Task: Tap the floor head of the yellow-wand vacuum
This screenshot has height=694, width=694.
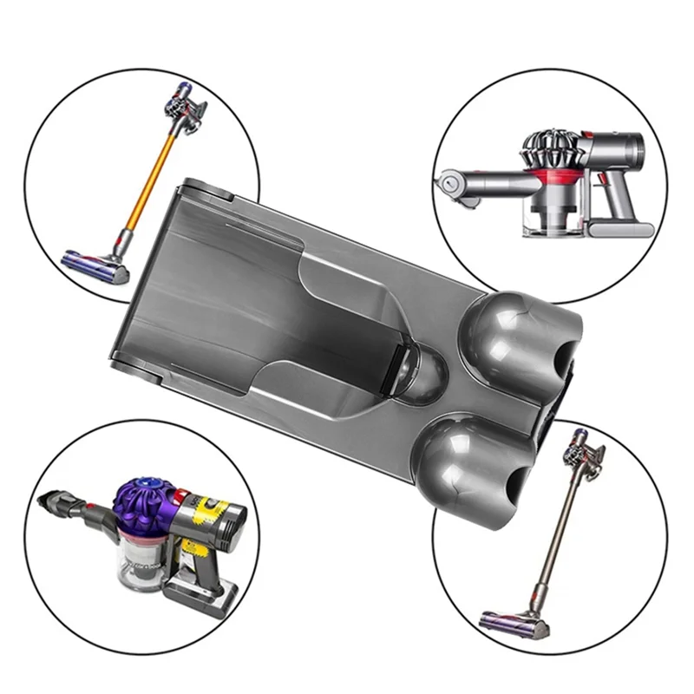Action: point(96,265)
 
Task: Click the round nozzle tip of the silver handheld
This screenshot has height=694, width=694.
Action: point(448,184)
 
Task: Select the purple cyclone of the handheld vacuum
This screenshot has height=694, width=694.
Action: point(142,502)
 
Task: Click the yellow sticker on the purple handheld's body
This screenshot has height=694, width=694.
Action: point(208,512)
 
